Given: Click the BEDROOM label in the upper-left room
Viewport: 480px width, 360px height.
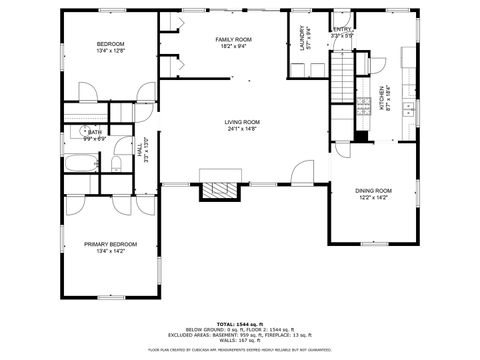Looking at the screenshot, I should click(110, 44).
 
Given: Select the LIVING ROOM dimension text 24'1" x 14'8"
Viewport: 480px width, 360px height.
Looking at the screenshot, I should click(242, 128).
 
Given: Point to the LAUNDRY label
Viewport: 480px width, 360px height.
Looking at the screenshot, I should click(301, 38).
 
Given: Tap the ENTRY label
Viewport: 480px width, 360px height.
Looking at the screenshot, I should click(342, 30).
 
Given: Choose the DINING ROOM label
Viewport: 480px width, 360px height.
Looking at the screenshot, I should click(373, 190).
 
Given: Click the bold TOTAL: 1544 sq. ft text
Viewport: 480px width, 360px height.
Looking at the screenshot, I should click(240, 325).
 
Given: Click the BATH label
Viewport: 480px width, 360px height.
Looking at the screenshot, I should click(94, 131).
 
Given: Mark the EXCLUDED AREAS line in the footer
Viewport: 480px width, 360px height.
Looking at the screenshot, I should click(240, 335).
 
